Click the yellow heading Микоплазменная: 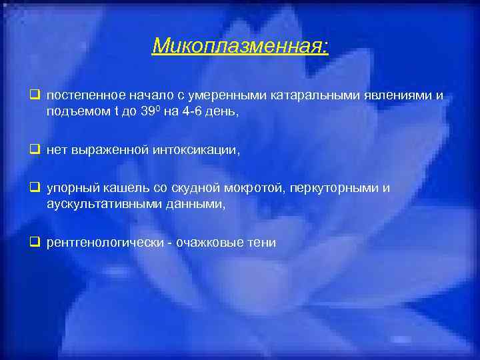(240, 45)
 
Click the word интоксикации (198, 150)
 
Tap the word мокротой (255, 189)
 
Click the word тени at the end (261, 243)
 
